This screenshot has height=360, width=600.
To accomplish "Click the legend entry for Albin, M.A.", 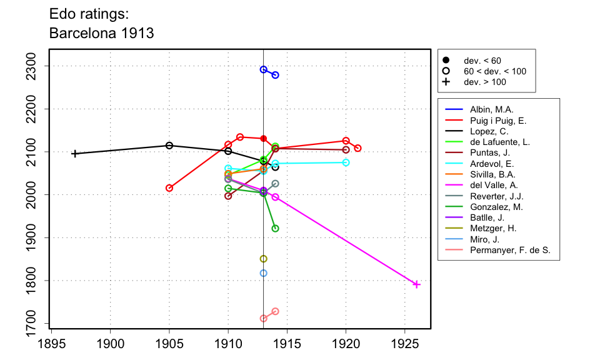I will (491, 109).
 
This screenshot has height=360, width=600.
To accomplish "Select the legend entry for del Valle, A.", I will (494, 185).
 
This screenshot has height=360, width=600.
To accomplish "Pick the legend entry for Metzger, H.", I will (493, 228).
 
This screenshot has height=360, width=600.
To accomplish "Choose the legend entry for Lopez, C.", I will (489, 131).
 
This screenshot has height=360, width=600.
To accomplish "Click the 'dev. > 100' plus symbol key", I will (446, 82).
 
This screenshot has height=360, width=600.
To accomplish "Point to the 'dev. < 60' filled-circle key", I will (446, 61).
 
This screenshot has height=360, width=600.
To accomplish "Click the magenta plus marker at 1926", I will (417, 285).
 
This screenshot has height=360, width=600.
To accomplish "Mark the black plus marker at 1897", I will (75, 154).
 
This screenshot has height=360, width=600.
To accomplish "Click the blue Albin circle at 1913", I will (264, 69).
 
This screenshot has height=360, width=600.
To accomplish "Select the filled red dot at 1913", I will (264, 139).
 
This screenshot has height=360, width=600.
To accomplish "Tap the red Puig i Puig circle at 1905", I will (169, 188).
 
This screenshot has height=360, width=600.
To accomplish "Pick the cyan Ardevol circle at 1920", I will (346, 162).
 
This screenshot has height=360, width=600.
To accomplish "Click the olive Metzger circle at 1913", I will (264, 259).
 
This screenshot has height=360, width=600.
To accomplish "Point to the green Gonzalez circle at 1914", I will (276, 228).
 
